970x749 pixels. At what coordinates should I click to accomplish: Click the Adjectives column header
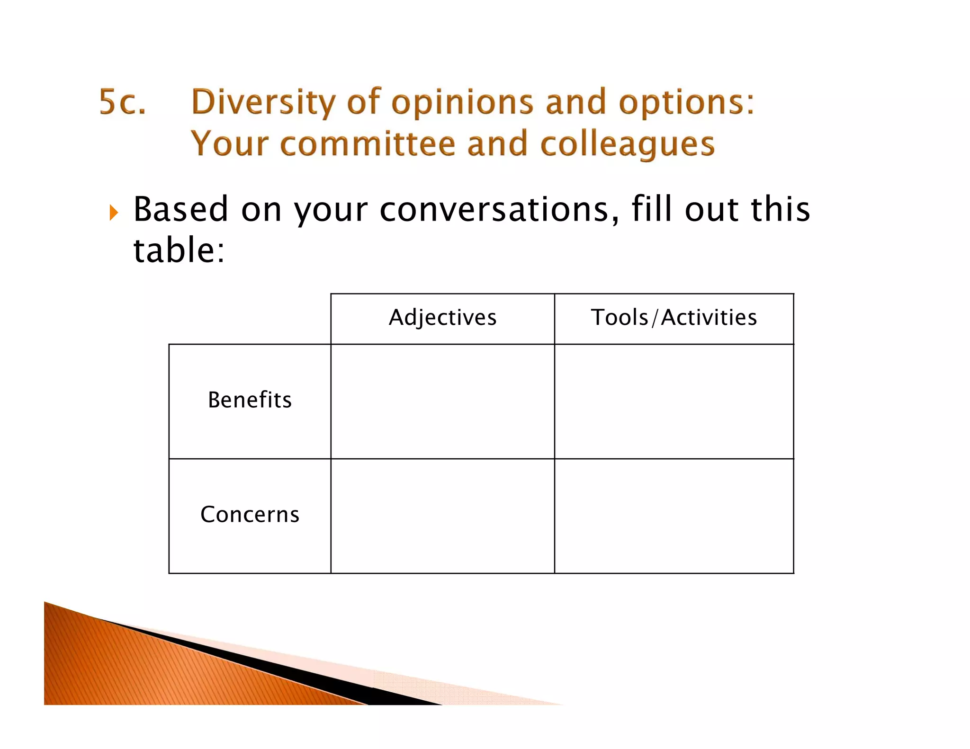click(442, 318)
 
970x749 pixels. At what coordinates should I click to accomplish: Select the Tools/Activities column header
click(674, 318)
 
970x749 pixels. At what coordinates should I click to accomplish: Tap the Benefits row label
click(250, 400)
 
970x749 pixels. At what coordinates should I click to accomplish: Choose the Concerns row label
click(250, 515)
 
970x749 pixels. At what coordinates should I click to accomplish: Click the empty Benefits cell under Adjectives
click(442, 401)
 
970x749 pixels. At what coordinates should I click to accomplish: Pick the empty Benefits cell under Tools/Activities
click(674, 401)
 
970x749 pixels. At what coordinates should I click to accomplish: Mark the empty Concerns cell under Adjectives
click(442, 516)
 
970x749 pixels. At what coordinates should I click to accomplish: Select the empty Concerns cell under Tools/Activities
click(674, 516)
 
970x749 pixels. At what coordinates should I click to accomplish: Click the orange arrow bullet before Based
click(114, 213)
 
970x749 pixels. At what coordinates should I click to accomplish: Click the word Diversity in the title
click(263, 103)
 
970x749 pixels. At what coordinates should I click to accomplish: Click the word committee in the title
click(367, 144)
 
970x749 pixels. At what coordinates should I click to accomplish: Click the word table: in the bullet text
click(179, 250)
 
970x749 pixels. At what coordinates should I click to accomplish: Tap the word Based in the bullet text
click(181, 209)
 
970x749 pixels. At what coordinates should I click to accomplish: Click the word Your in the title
click(229, 144)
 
